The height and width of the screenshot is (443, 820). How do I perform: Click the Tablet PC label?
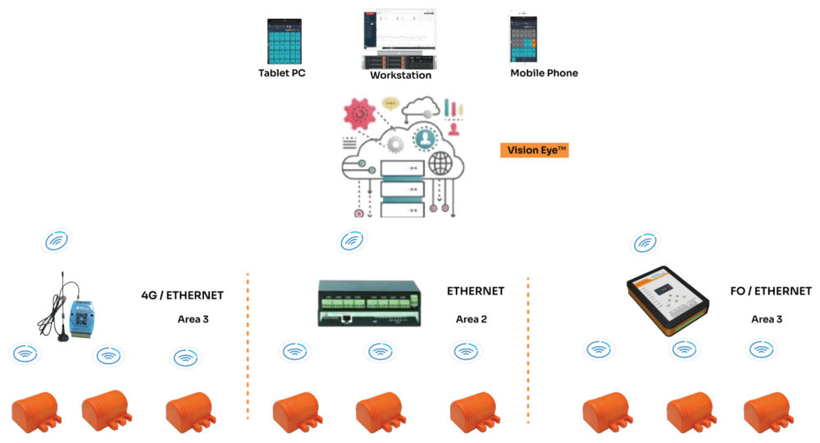pos(282,73)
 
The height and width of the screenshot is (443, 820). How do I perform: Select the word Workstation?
pos(400,75)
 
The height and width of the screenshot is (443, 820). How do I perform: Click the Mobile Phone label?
pos(544,73)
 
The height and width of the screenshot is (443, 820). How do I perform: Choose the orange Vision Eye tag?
pos(534,150)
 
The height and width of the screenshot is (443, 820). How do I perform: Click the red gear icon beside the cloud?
pos(358,112)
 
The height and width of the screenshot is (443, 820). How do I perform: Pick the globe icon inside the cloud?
pos(440,163)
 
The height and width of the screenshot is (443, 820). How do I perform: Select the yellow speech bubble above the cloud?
pos(391,104)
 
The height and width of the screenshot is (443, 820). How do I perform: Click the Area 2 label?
pos(471,319)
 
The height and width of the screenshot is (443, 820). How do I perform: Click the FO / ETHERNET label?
pos(770,291)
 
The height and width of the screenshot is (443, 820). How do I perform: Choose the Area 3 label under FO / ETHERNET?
pos(767,319)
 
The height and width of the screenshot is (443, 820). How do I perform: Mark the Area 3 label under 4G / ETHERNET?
pos(193,319)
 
